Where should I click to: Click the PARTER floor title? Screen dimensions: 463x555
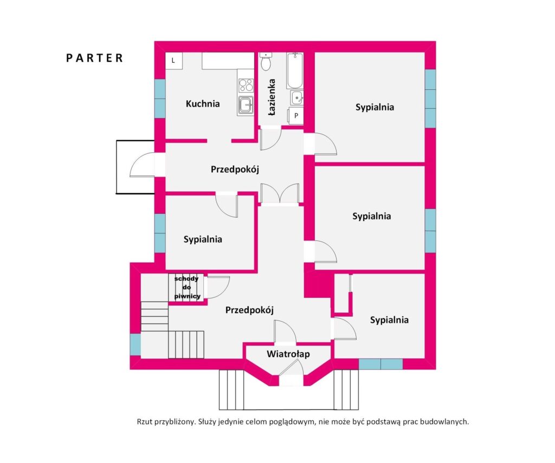click(95, 58)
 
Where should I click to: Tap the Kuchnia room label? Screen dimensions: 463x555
click(203, 103)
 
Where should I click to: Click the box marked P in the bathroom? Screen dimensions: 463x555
click(296, 115)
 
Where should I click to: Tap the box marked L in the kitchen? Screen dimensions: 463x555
click(173, 60)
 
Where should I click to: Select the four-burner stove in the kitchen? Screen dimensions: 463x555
click(246, 85)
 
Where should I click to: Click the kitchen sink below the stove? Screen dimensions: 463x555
click(246, 105)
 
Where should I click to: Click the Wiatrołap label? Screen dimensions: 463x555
click(288, 354)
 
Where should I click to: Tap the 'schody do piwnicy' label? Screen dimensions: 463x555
click(188, 288)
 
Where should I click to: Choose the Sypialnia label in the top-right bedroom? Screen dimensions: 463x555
click(375, 107)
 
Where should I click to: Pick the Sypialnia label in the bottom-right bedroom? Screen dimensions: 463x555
click(389, 320)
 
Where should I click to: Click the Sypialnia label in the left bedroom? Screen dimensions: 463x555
click(203, 239)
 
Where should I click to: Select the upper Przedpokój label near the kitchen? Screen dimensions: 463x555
click(235, 169)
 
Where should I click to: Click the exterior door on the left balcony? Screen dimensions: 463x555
click(143, 165)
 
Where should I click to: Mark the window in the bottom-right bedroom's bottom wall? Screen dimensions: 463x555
click(380, 364)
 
